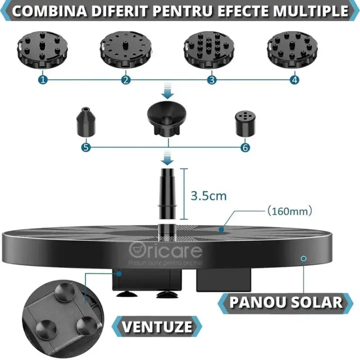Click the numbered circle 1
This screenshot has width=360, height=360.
(43, 80)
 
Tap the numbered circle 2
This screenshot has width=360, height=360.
(126, 80)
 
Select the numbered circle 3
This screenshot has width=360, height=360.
(211, 80)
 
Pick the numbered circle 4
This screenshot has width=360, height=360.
(294, 80)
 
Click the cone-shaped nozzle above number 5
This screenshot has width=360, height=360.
(85, 122)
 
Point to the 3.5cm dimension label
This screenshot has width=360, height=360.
(209, 196)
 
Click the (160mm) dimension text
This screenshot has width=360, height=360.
(290, 210)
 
